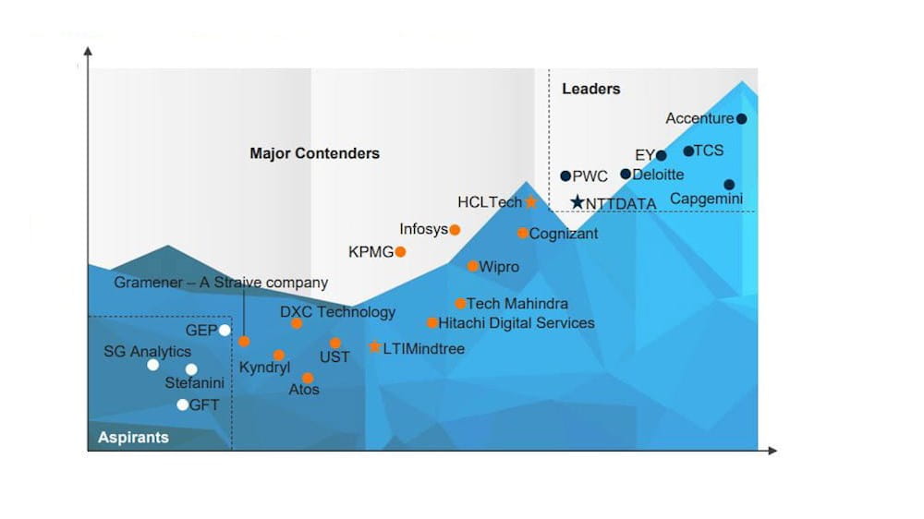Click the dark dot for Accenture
[741, 118]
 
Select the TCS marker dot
[688, 151]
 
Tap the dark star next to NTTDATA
[577, 202]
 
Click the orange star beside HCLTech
[531, 202]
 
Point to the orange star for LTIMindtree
[374, 347]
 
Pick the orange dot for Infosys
[455, 230]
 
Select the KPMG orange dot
[400, 252]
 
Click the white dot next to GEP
[225, 331]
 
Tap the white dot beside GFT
[183, 404]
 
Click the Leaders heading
[591, 89]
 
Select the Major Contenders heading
[315, 153]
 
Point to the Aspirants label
[133, 437]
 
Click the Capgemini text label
[707, 199]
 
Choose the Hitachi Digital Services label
[517, 323]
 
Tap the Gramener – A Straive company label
[221, 283]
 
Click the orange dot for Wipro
[472, 266]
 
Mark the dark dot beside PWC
[565, 175]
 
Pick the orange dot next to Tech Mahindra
[460, 304]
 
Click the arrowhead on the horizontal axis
[772, 451]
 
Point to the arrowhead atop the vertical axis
[88, 51]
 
